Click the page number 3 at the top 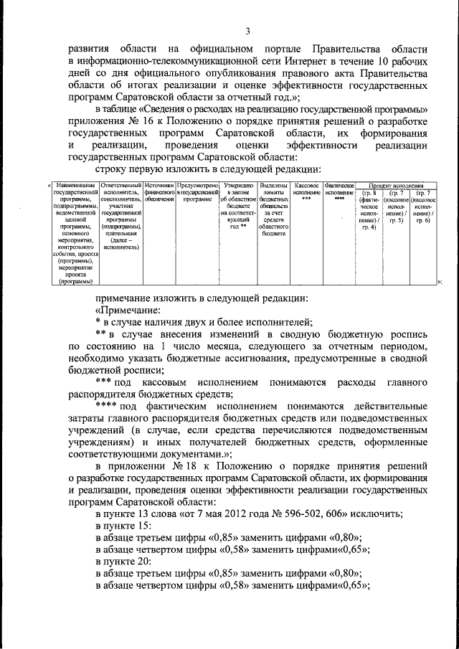[247, 30]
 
